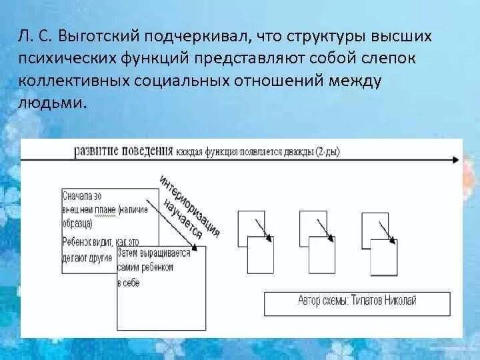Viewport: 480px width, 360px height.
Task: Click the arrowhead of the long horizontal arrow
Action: point(455,160)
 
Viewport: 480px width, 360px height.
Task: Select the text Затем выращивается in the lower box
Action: point(153,253)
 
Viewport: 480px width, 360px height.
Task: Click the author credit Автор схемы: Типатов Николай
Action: point(357,301)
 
